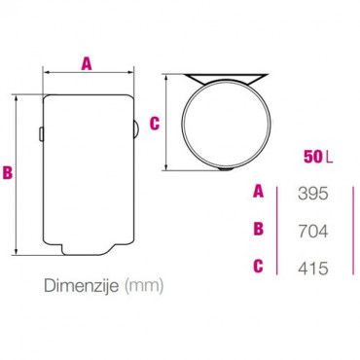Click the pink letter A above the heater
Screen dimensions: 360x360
coord(87,63)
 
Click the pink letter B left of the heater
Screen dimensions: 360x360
coord(8,172)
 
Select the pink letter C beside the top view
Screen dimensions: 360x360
coord(155,124)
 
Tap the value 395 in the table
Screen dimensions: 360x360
coord(313,194)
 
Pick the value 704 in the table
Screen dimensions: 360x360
coord(313,232)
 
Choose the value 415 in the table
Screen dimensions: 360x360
coord(313,269)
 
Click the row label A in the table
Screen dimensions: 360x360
coord(259,192)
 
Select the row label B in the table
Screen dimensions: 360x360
coord(259,229)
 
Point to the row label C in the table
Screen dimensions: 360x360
coord(258,267)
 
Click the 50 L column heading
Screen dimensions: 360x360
coord(318,157)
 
